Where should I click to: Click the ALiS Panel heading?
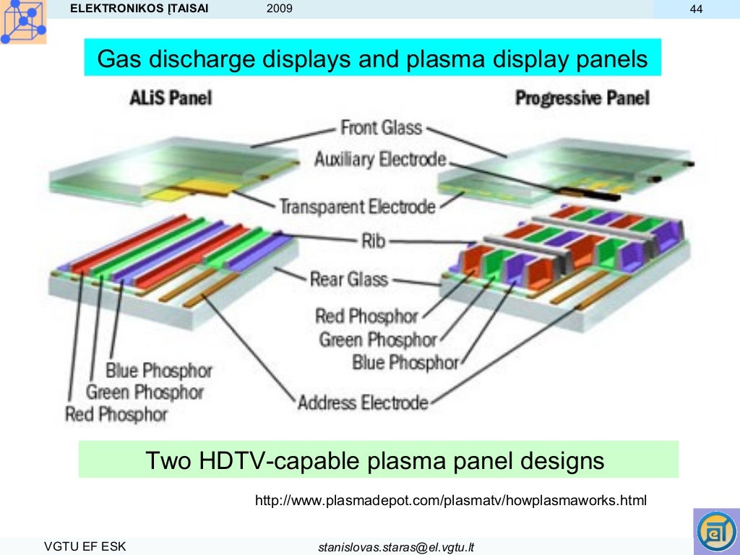point(170,97)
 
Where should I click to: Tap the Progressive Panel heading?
point(582,98)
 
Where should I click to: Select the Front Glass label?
point(380,128)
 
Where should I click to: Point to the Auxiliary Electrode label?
point(380,159)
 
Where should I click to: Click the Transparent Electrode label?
point(358,207)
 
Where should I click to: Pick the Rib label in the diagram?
point(373,240)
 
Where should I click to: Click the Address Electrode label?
point(363,402)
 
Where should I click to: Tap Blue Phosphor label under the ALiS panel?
point(159,371)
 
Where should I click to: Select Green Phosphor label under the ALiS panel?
point(145,392)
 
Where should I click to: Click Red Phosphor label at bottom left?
point(116,415)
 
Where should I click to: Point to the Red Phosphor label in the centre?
point(366,316)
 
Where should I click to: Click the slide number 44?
point(697,9)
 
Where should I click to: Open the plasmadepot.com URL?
point(451,499)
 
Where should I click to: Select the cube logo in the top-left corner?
point(23,22)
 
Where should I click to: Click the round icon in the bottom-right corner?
point(715,531)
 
